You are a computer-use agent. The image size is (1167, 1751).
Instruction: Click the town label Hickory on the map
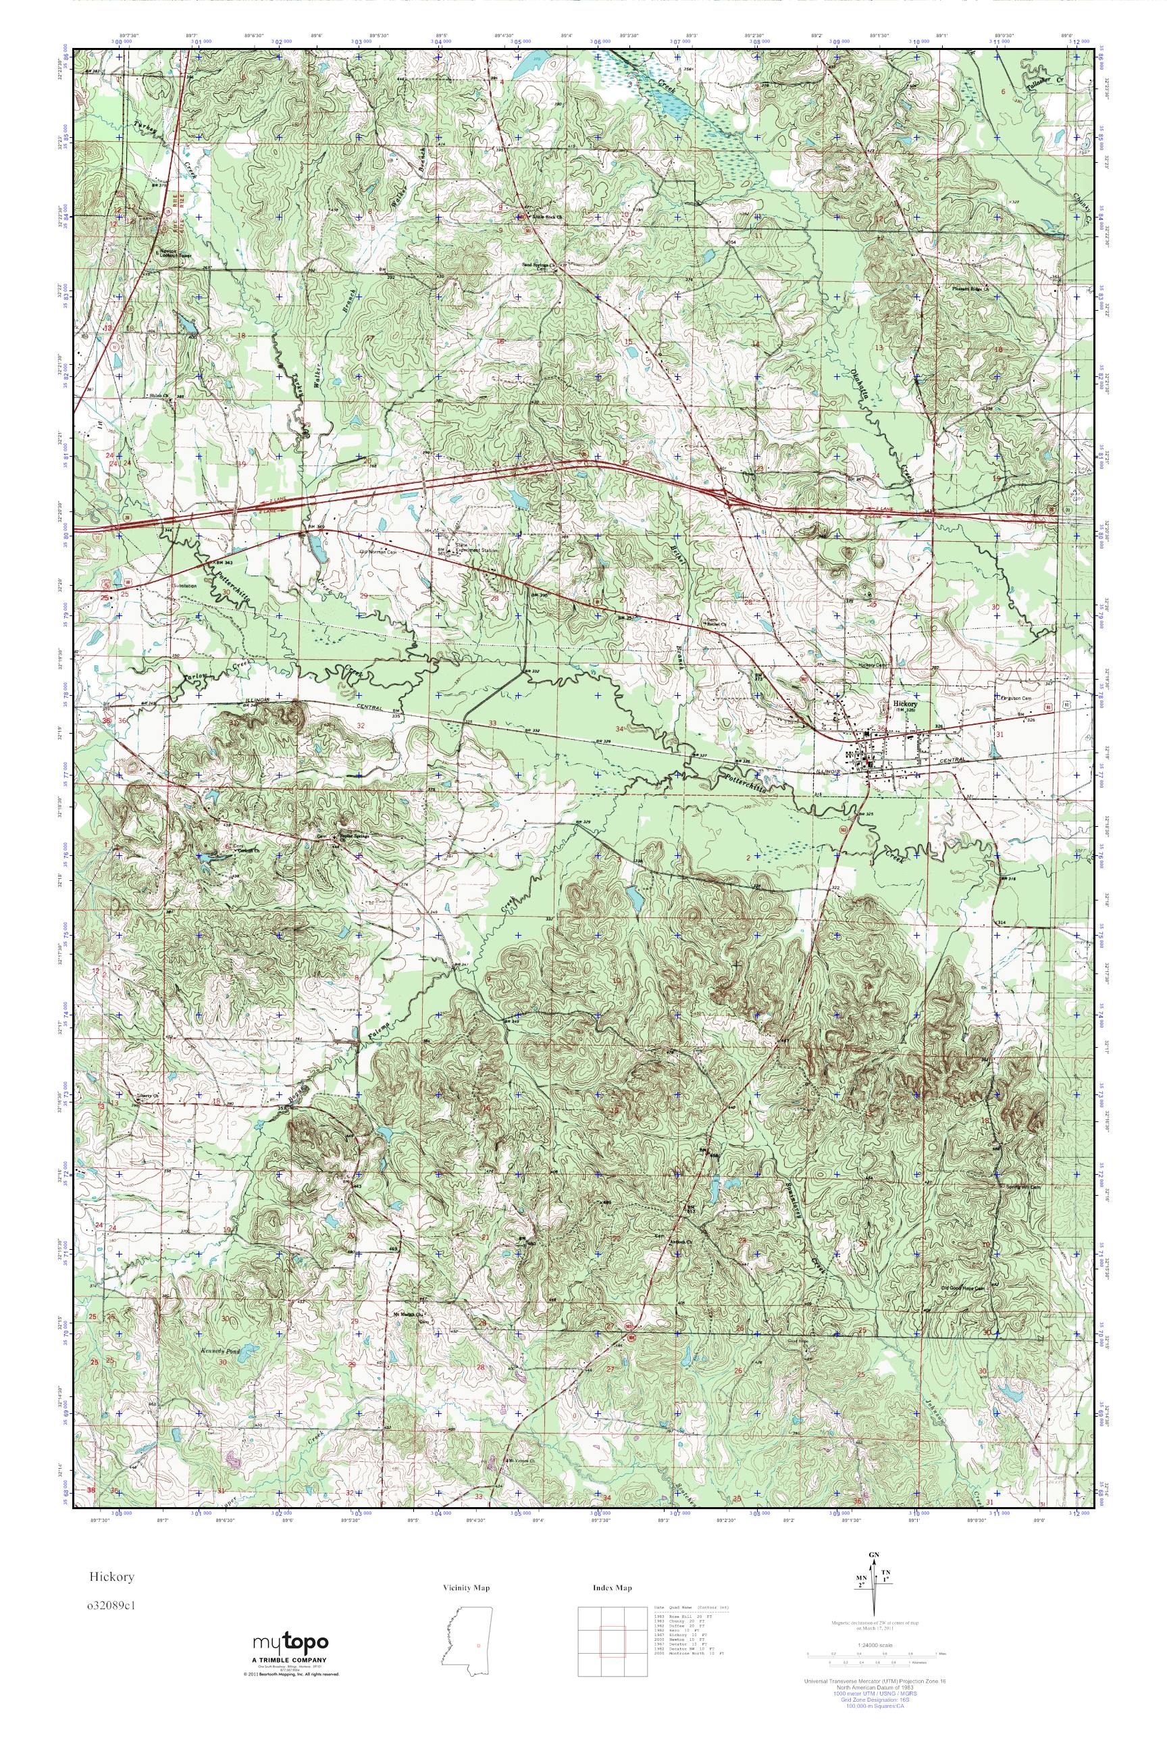point(906,703)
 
